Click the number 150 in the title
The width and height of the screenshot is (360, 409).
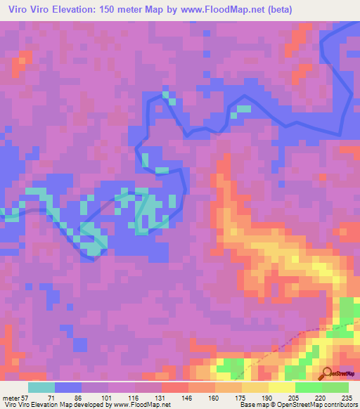click(x=120, y=9)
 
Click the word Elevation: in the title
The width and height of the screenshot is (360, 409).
click(x=81, y=9)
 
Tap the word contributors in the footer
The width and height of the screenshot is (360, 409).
click(x=337, y=404)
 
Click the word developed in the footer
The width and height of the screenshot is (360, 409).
click(x=83, y=404)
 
